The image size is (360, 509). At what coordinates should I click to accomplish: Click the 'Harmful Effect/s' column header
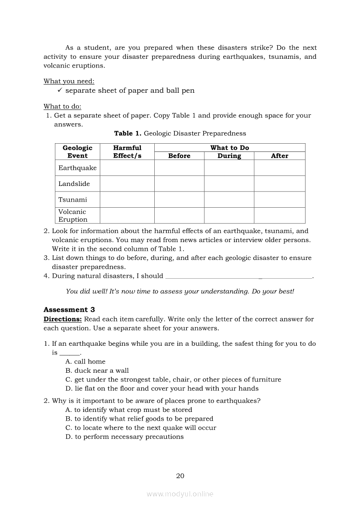point(127,152)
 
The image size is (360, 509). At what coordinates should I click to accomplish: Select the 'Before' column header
point(179,156)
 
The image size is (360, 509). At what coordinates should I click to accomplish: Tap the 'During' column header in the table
point(229,156)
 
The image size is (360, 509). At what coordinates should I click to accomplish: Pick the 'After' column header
point(279,156)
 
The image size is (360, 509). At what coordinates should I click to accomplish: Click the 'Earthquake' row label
point(78,168)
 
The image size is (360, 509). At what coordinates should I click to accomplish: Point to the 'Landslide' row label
point(74,184)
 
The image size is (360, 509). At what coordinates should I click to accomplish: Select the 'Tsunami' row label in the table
point(73,200)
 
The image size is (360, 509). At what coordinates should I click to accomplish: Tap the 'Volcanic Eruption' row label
point(73,216)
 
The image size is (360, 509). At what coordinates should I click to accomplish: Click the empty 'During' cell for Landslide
point(229,184)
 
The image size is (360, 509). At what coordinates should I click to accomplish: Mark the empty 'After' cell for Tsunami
point(279,200)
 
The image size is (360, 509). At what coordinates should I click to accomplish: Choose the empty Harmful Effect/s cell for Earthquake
point(127,168)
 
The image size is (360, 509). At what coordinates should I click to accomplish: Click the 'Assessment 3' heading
point(69,310)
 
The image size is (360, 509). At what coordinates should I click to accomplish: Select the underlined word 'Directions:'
point(63,319)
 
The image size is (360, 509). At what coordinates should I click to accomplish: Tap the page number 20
point(180,476)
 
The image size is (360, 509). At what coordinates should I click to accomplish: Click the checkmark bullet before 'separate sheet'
point(60,90)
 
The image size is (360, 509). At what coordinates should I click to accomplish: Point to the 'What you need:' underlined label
point(69,81)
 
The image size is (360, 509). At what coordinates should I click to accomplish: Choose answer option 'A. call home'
point(85,361)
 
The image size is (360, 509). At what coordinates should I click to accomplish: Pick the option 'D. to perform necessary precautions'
point(125,437)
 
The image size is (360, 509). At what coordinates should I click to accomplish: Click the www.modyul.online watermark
point(180,494)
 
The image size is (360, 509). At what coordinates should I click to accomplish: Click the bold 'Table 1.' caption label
point(128,134)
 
